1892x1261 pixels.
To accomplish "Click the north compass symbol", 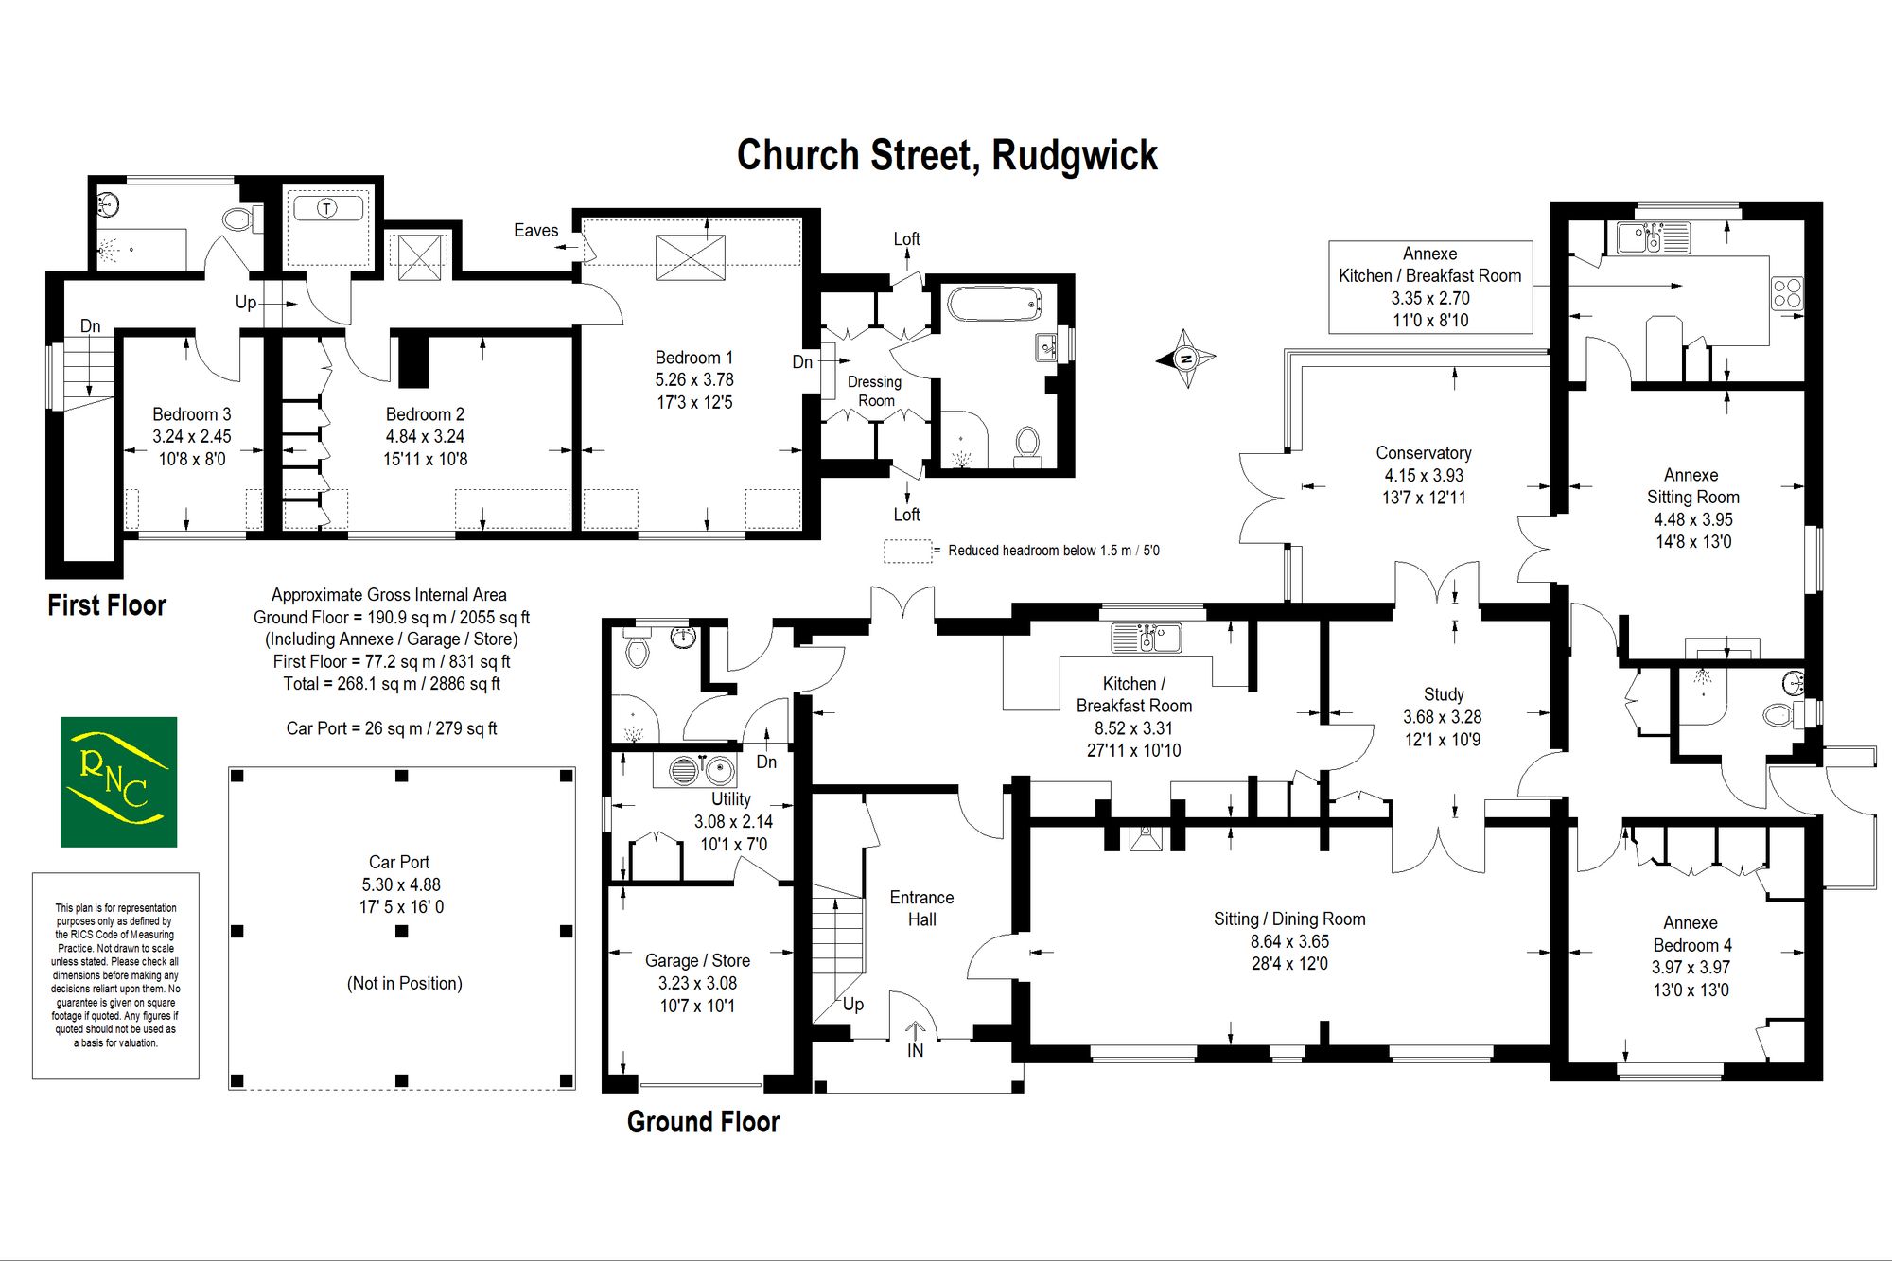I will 1185,359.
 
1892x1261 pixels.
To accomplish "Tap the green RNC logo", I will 118,781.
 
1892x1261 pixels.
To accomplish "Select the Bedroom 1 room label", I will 694,358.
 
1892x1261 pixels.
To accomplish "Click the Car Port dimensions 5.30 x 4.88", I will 401,884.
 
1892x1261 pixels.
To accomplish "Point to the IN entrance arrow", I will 915,1040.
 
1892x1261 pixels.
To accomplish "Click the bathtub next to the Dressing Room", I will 994,305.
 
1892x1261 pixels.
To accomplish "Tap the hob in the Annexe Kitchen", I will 1787,292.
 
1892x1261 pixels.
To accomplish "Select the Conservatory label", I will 1423,453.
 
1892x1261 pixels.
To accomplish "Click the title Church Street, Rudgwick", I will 947,156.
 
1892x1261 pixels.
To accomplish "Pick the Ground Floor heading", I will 703,1122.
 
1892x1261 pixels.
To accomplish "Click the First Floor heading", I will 107,605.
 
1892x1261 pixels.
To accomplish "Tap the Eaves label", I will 535,230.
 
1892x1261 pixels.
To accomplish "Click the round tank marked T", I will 326,208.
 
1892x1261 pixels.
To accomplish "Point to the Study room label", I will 1443,694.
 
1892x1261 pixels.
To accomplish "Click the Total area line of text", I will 392,684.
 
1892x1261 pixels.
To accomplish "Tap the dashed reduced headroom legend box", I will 907,551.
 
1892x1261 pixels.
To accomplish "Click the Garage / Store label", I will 697,960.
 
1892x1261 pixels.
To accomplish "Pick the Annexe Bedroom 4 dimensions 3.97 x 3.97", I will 1691,968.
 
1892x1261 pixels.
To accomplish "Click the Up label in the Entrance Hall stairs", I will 852,1004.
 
